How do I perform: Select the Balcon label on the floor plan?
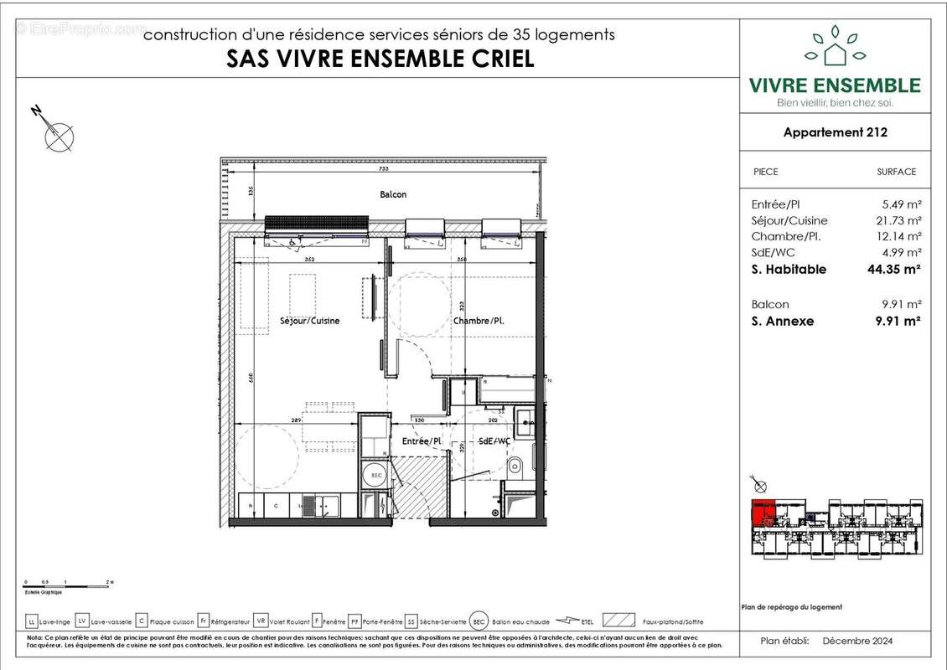click(393, 194)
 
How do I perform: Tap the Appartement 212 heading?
click(835, 131)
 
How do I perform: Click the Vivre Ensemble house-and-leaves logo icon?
click(834, 47)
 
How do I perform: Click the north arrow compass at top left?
click(58, 134)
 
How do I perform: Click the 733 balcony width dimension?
click(383, 167)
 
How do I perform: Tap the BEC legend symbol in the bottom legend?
click(478, 621)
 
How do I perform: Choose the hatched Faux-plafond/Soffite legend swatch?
click(618, 621)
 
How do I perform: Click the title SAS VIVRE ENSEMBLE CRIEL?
click(380, 59)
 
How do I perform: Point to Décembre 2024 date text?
click(857, 642)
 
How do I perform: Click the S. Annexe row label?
click(783, 321)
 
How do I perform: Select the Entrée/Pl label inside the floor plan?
click(420, 441)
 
